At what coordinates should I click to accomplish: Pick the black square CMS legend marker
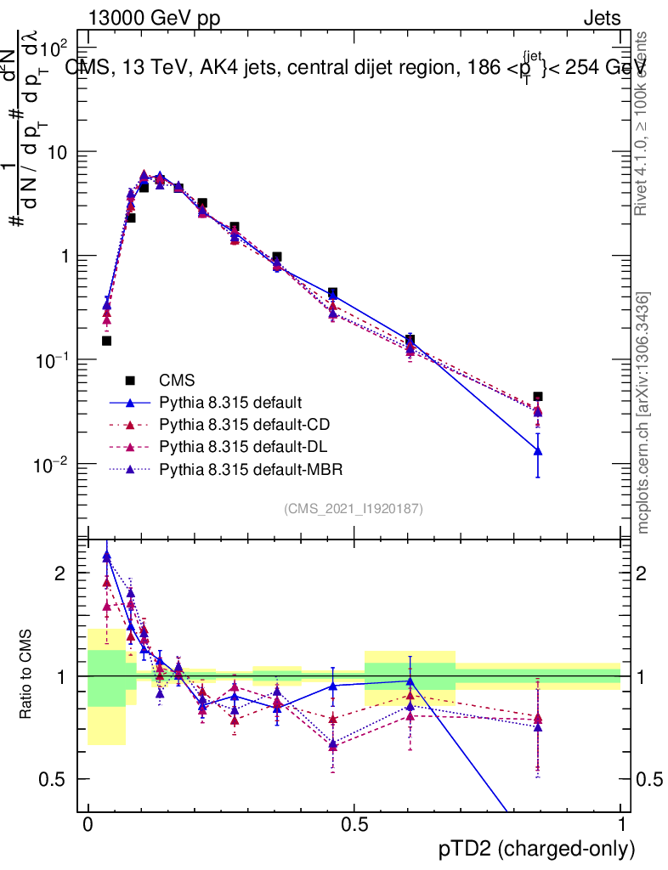[130, 380]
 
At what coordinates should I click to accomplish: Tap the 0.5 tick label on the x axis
[354, 825]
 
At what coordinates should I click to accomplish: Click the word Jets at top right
[601, 19]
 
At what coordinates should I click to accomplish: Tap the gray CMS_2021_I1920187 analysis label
[354, 508]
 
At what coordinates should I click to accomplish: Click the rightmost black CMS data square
[538, 397]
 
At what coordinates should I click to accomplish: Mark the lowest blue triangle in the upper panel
[538, 450]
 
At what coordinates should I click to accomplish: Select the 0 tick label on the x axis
[88, 825]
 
